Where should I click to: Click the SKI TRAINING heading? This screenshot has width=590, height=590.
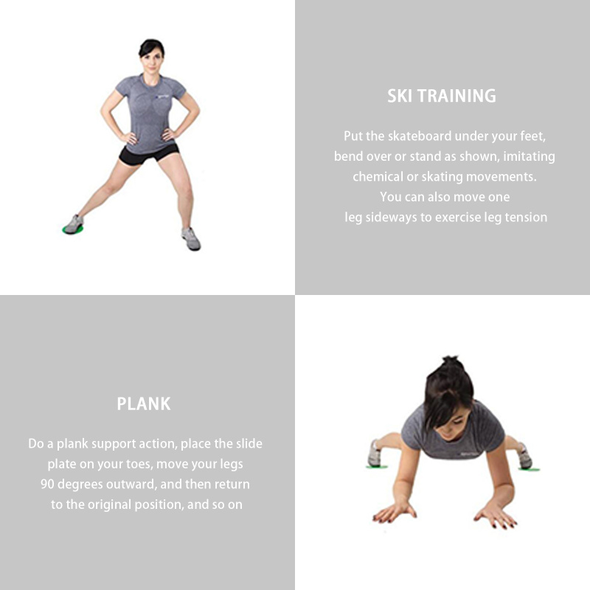pyautogui.click(x=442, y=96)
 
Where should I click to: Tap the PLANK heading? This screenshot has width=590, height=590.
pyautogui.click(x=144, y=403)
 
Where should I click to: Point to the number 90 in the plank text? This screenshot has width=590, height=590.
pyautogui.click(x=47, y=484)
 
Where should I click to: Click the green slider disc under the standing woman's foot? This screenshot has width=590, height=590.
pyautogui.click(x=72, y=229)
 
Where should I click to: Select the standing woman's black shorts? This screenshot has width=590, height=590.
pyautogui.click(x=149, y=153)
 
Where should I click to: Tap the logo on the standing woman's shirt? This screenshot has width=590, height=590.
pyautogui.click(x=162, y=97)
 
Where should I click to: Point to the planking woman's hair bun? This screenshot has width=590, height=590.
pyautogui.click(x=451, y=362)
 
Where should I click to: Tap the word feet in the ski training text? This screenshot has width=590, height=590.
pyautogui.click(x=532, y=136)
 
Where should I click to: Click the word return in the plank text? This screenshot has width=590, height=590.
pyautogui.click(x=232, y=485)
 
